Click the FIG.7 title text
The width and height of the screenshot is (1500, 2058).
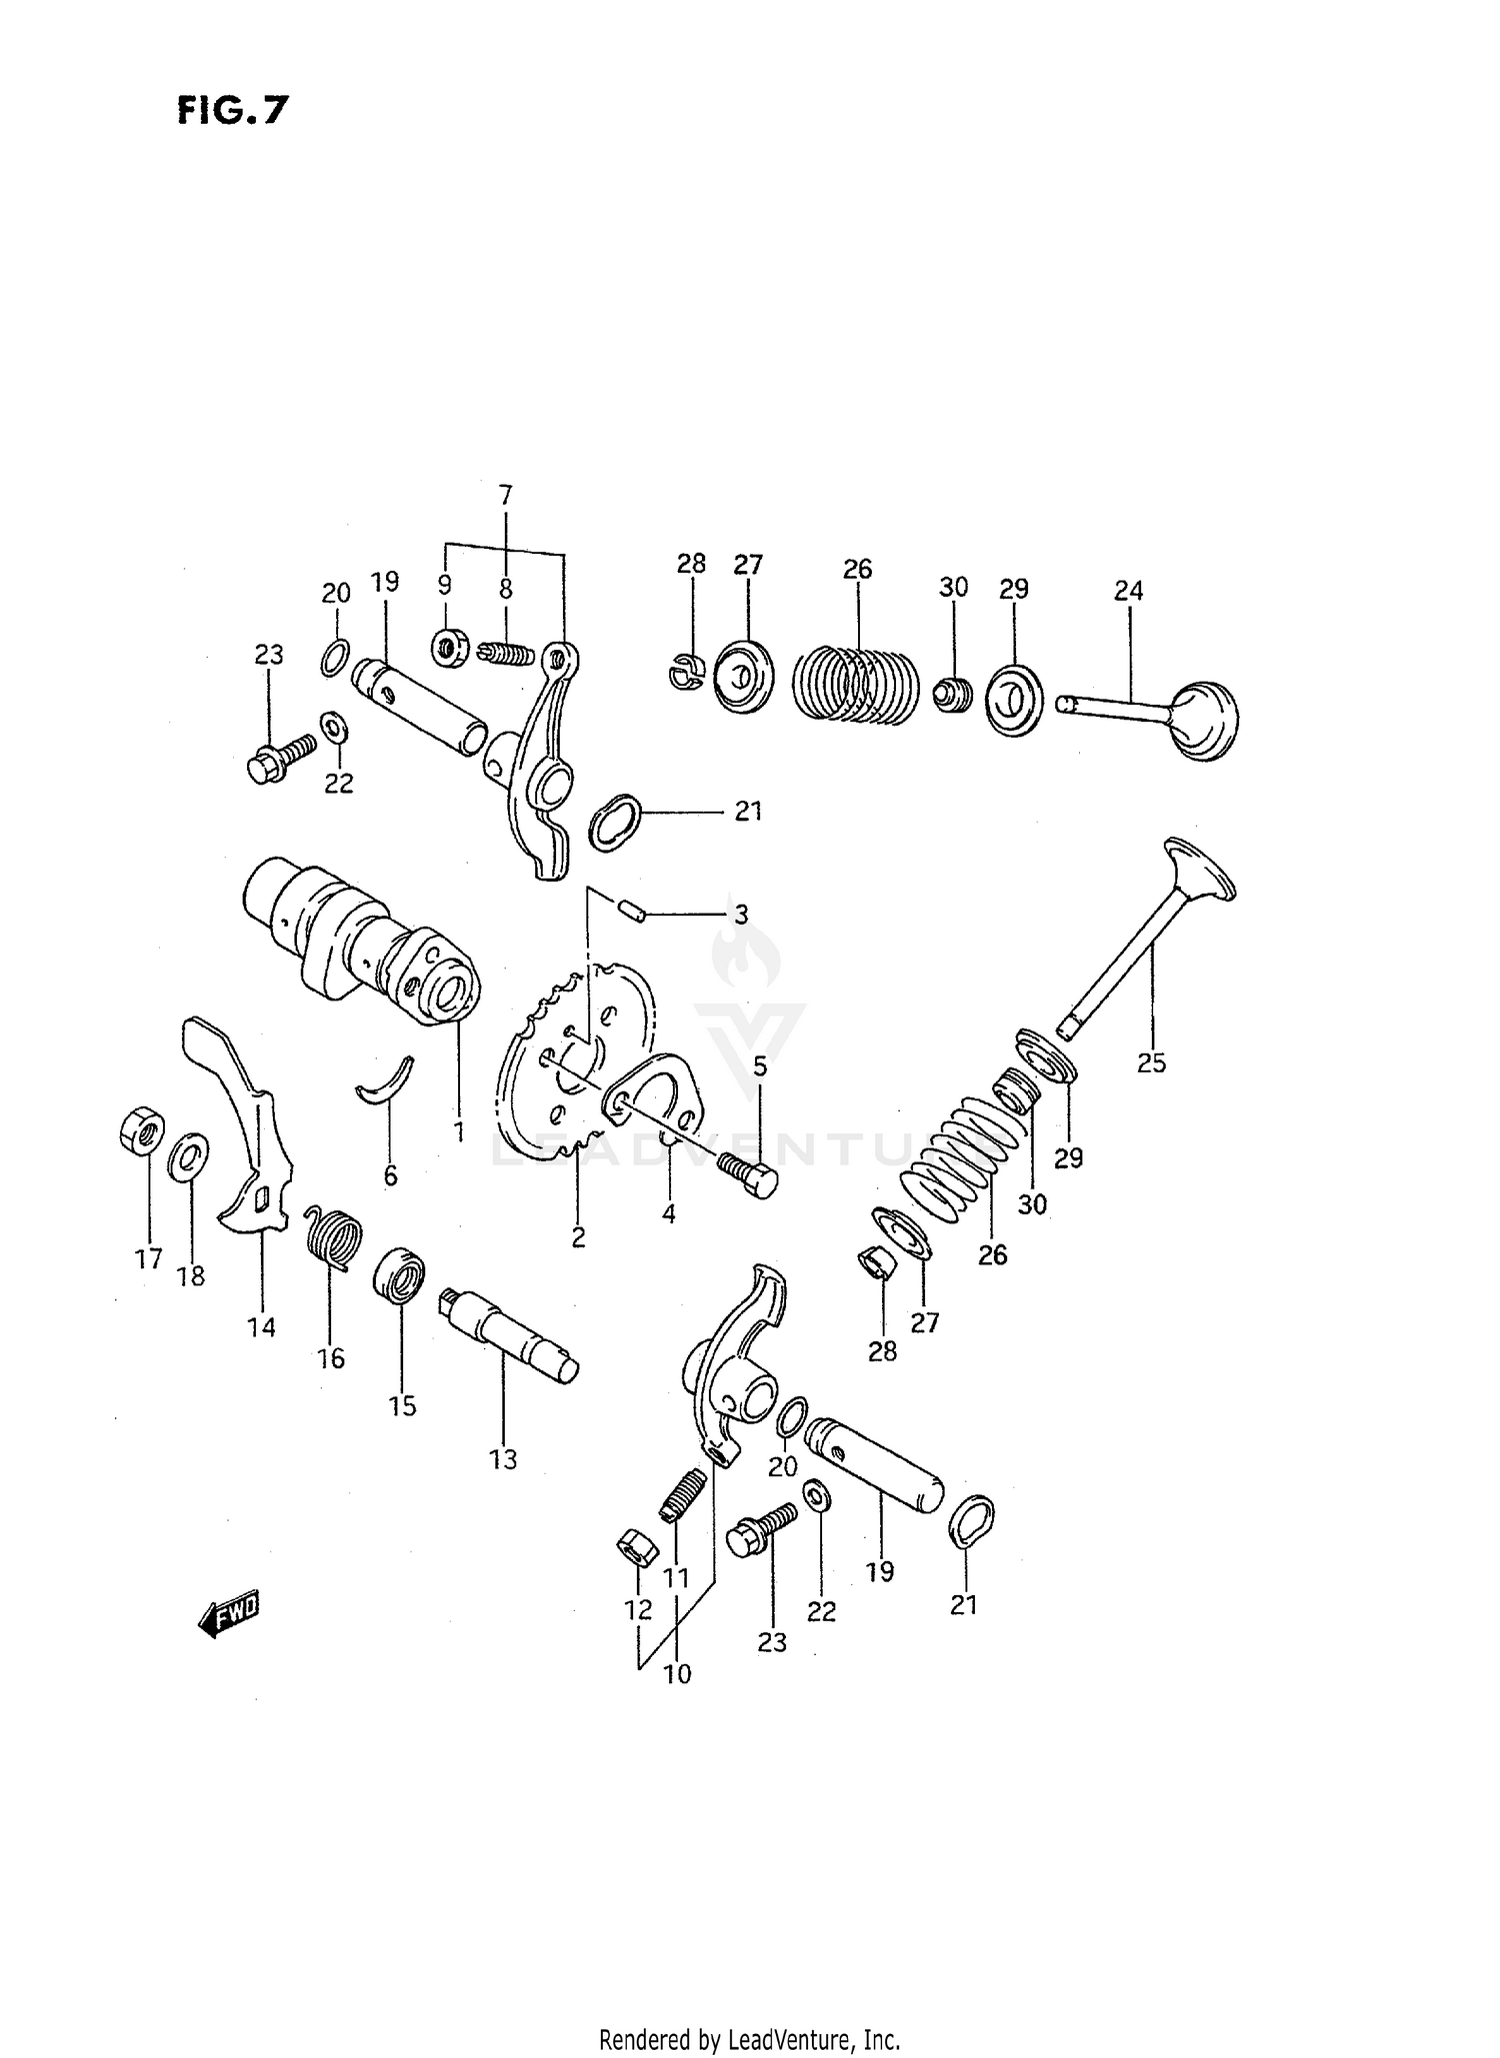coord(232,110)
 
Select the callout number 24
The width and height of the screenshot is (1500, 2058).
coord(1128,591)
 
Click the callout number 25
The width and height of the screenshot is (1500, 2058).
coord(1151,1062)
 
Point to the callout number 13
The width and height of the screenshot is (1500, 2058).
coord(503,1459)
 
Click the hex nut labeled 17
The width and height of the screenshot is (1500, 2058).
coord(141,1131)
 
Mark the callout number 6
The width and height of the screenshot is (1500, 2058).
coord(390,1175)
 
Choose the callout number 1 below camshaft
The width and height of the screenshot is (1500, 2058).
coord(459,1132)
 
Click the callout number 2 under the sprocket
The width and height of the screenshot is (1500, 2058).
coord(578,1237)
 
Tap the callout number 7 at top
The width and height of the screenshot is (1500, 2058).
coord(505,494)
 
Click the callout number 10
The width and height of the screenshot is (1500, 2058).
coord(677,1673)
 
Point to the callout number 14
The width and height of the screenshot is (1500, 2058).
coord(261,1327)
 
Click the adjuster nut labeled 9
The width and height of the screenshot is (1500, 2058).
coord(450,648)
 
